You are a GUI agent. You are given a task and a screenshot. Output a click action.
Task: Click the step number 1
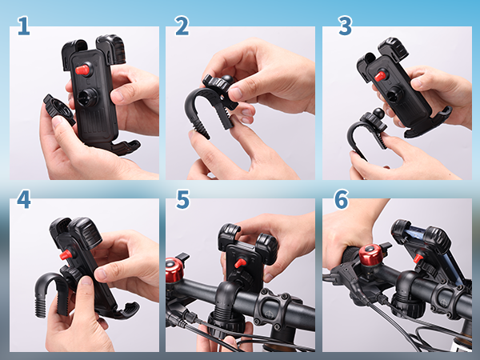click(x=23, y=26)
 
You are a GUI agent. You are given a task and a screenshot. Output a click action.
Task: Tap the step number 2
click(x=182, y=26)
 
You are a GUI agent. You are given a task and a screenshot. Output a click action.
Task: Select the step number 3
click(x=346, y=26)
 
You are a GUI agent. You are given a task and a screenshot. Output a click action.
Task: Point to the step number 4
click(x=23, y=199)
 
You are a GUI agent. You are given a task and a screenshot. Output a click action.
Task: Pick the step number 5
click(x=182, y=199)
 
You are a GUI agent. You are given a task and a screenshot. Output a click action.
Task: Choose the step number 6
click(x=342, y=199)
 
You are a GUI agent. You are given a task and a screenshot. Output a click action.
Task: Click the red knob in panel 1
click(x=82, y=70)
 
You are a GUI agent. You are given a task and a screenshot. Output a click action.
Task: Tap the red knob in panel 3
click(x=380, y=76)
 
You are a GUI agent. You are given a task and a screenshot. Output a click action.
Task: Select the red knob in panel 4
click(x=66, y=254)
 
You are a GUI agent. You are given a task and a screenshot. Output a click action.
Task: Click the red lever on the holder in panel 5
click(x=240, y=262)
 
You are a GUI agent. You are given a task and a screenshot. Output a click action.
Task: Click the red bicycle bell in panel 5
click(x=174, y=270)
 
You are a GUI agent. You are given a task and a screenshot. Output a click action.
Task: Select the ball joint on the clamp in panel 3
click(x=378, y=114)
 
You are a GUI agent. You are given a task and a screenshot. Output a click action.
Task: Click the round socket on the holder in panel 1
click(x=87, y=97)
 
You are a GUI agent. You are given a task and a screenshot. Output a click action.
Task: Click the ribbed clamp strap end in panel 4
click(x=40, y=305)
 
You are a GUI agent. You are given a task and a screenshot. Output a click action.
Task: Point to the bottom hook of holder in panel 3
click(x=429, y=126)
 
